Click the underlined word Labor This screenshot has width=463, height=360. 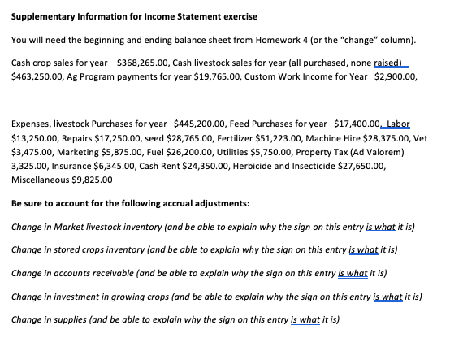tap(398, 124)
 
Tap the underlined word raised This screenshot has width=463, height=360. tap(386, 63)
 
